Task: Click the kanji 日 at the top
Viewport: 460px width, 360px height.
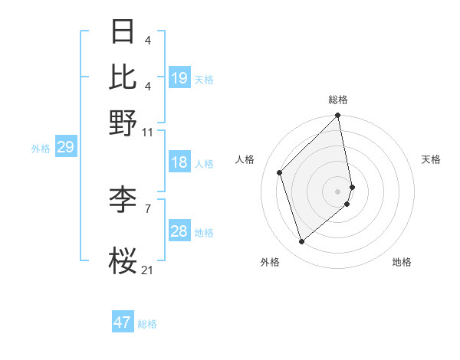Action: tap(123, 32)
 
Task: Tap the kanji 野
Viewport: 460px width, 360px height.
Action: tap(123, 123)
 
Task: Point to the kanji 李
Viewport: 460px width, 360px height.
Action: tap(123, 201)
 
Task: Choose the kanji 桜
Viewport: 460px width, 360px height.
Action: tap(123, 261)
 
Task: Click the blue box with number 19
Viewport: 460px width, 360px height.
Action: tap(179, 78)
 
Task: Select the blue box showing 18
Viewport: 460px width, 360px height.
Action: tap(179, 162)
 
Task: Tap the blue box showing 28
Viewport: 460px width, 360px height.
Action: tap(179, 231)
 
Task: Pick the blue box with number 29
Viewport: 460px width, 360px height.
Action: tap(65, 147)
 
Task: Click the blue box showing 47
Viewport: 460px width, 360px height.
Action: tap(123, 322)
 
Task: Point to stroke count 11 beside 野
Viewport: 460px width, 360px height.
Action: tap(148, 133)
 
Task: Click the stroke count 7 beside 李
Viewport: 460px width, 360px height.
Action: tap(148, 208)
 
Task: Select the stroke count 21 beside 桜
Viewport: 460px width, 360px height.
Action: tap(147, 270)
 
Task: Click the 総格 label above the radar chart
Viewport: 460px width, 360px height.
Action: tap(338, 100)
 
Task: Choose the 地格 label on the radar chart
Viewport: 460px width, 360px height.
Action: tap(402, 262)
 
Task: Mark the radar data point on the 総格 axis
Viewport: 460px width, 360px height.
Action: tap(338, 116)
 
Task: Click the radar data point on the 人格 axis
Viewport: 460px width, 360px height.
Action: tap(280, 172)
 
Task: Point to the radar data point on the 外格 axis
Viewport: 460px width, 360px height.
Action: tap(302, 242)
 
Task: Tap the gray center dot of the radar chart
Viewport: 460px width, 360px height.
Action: tap(338, 191)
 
